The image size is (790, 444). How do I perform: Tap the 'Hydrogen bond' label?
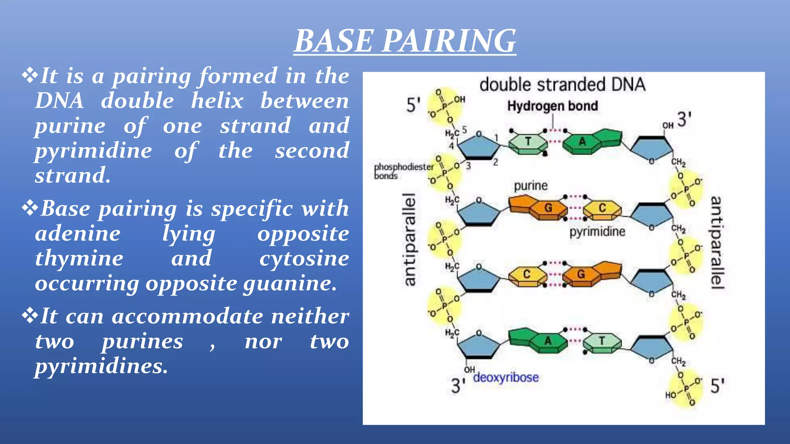coord(552,106)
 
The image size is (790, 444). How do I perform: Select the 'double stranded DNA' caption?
coord(562,85)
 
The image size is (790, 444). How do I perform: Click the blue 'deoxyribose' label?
coord(506,377)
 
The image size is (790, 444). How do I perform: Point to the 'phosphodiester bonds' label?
coord(403,171)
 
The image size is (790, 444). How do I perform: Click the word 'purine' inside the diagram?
coord(530,186)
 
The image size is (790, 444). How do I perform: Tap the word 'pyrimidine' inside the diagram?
coord(597,232)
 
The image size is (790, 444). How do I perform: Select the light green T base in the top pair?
coord(528,142)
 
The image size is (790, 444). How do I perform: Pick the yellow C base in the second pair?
coord(602,208)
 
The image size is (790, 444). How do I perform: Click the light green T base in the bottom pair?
coord(602,341)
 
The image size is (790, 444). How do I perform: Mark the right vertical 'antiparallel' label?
coord(717,243)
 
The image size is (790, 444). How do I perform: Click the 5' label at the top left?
coord(414,105)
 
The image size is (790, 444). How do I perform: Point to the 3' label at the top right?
coord(684,119)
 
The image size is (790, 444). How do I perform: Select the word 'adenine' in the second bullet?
coord(78,234)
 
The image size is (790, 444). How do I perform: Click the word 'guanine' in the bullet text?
coord(289,283)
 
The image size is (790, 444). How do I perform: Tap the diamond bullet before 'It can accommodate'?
coord(30,316)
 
